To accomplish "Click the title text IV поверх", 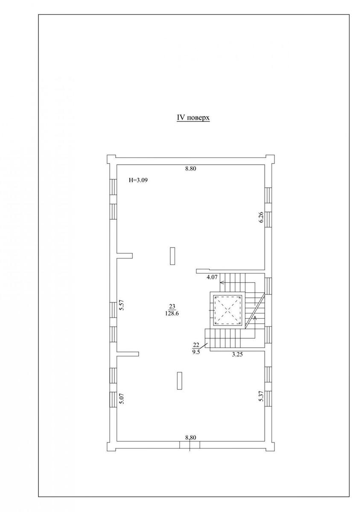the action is tap(193, 118).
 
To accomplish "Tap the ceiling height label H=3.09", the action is tap(138, 180).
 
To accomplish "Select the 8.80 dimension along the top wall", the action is tap(191, 169).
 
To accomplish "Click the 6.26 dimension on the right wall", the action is tap(262, 217).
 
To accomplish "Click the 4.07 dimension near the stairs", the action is tap(212, 277).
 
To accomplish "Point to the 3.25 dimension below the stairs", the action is tap(237, 355).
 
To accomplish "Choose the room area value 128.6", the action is tap(172, 314).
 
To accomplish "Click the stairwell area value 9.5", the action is tap(196, 352).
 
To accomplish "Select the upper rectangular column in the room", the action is tap(172, 256).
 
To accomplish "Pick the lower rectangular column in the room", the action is tap(180, 381).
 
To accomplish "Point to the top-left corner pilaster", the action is tap(112, 159).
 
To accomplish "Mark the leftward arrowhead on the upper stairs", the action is tap(222, 282).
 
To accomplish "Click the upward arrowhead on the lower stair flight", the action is tap(255, 318).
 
